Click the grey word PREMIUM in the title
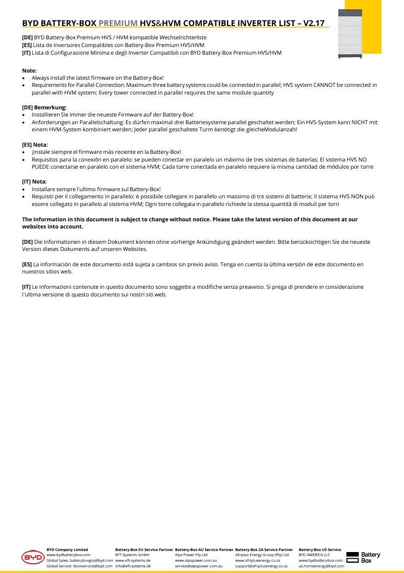click(x=117, y=24)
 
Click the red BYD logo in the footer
click(x=33, y=558)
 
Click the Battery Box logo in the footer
click(x=363, y=558)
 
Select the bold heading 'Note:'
click(x=29, y=71)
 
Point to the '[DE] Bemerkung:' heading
click(x=44, y=107)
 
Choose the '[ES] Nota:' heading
click(x=35, y=145)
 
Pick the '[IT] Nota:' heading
click(x=34, y=181)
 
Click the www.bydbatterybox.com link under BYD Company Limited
click(x=68, y=555)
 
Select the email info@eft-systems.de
click(x=133, y=566)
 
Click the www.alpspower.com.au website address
click(x=196, y=561)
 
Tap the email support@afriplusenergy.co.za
click(x=261, y=566)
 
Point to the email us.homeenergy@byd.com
click(x=321, y=566)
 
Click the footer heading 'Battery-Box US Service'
click(x=320, y=549)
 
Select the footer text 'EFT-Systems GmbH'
click(x=132, y=555)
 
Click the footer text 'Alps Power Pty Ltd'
click(x=191, y=555)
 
